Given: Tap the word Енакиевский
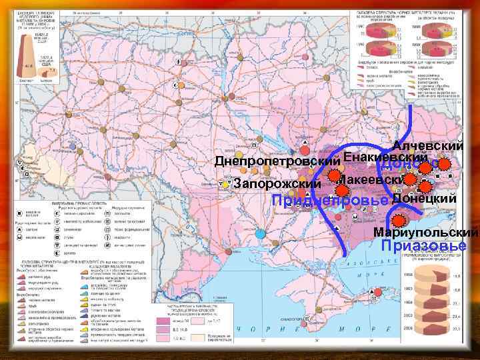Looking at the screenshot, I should [x=385, y=158].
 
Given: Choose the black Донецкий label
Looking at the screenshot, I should [x=424, y=198].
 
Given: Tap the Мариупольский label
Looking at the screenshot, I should [x=425, y=233].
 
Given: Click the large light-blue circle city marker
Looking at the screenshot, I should [x=259, y=234].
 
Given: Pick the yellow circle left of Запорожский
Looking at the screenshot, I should [x=227, y=184].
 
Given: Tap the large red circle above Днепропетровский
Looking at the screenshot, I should [x=304, y=149].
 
